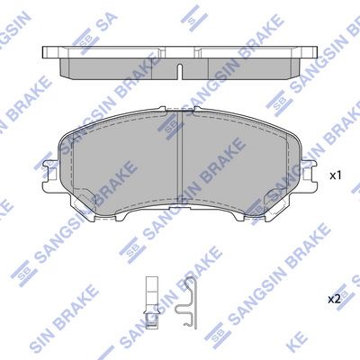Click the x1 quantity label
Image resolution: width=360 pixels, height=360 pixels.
pyautogui.click(x=336, y=175)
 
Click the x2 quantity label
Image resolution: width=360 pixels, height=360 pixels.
pyautogui.click(x=334, y=299)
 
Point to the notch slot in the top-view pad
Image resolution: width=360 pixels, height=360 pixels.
pyautogui.click(x=180, y=72)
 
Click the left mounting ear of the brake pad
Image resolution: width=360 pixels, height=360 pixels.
pyautogui.click(x=50, y=174)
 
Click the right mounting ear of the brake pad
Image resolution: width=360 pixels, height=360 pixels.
pyautogui.click(x=310, y=174)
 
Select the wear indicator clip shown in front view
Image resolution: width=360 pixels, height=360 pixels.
pyautogui.click(x=151, y=302)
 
